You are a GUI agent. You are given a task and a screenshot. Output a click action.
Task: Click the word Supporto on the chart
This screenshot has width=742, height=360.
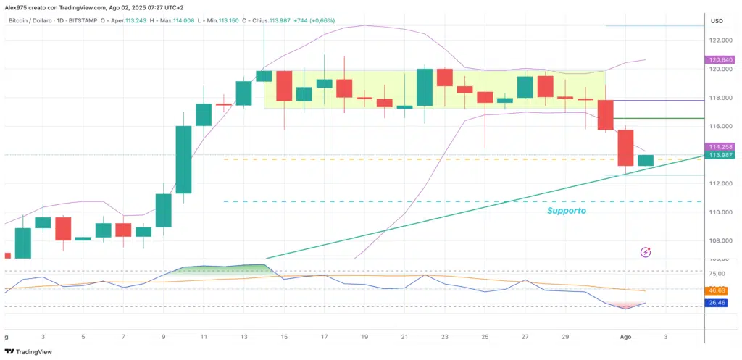tap(566, 211)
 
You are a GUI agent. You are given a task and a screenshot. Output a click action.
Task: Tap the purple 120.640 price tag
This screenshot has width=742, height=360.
tap(722, 60)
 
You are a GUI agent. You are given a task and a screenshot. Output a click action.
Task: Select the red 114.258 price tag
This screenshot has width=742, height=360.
tap(722, 146)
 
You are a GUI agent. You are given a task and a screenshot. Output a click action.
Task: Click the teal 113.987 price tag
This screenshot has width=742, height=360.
tap(722, 154)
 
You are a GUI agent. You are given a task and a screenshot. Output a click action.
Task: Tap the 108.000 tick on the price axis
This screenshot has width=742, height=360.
tap(721, 240)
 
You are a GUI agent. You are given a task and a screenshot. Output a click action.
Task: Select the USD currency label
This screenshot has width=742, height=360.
tap(717, 20)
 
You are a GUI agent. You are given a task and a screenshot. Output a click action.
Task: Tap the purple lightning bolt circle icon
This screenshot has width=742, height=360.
tap(646, 252)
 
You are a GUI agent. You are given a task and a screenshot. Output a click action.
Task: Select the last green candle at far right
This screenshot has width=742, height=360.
tap(646, 160)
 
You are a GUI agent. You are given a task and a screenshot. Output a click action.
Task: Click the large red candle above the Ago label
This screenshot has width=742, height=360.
tap(626, 148)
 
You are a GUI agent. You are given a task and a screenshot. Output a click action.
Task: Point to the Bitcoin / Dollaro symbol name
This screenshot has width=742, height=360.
tap(33, 22)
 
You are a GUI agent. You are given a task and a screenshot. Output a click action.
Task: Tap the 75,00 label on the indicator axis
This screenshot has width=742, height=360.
tap(717, 273)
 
